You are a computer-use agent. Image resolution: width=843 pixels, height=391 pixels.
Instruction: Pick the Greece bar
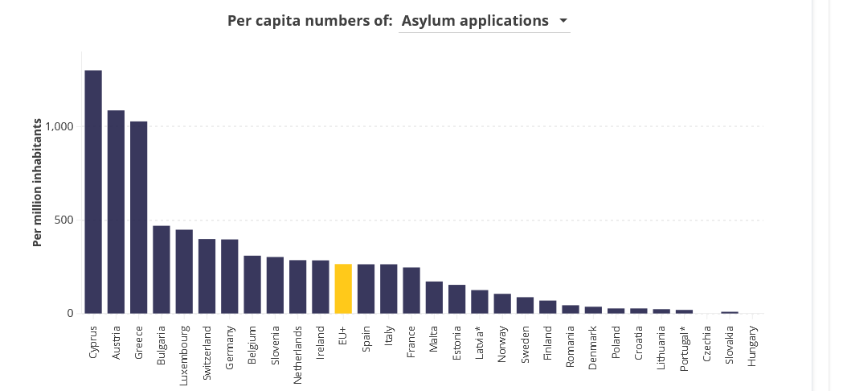(138, 217)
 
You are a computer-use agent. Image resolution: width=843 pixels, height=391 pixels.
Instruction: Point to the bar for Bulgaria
(162, 270)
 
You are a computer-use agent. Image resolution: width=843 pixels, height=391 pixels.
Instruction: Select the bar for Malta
(434, 297)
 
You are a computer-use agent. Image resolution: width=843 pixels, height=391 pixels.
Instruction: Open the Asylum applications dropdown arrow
(563, 21)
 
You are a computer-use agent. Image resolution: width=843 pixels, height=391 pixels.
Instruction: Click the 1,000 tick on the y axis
(59, 126)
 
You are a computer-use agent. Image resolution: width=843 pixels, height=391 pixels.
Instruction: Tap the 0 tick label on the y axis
(70, 313)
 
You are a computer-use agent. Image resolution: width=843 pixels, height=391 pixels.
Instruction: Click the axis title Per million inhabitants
(37, 183)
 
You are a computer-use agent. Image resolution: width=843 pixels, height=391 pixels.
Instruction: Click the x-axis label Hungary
(752, 346)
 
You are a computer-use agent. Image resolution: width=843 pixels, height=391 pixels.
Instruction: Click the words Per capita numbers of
(310, 21)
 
